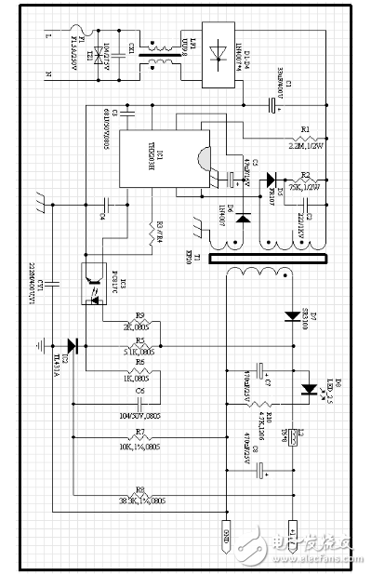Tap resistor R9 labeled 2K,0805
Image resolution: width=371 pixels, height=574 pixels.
141,323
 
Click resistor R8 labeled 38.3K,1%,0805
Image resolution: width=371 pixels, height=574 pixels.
141,495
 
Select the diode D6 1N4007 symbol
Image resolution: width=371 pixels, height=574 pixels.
244,219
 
